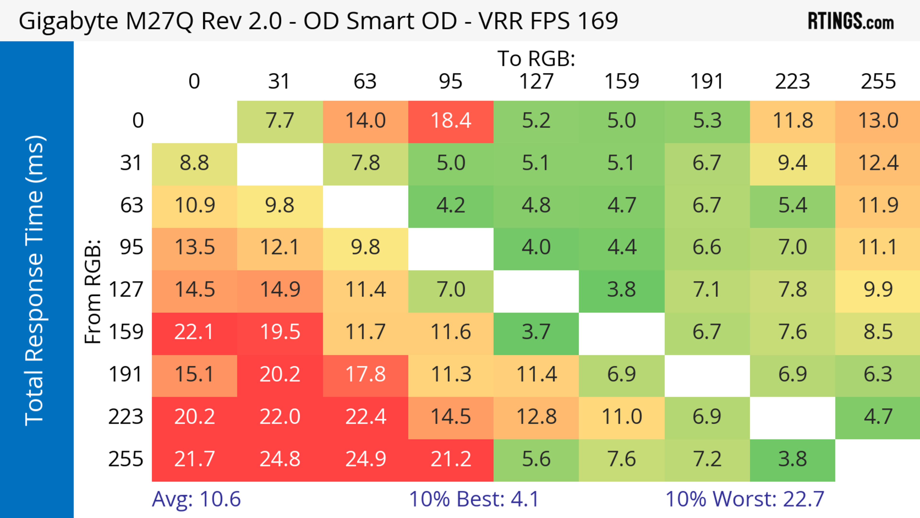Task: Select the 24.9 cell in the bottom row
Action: pyautogui.click(x=365, y=460)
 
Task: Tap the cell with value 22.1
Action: pyautogui.click(x=194, y=332)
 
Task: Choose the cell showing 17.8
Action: pyautogui.click(x=365, y=375)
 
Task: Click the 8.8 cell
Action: pyautogui.click(x=194, y=163)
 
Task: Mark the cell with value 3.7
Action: pyautogui.click(x=536, y=332)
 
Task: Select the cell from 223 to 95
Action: pyautogui.click(x=451, y=417)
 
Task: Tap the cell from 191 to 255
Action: pyautogui.click(x=878, y=375)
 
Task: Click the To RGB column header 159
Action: pyautogui.click(x=621, y=81)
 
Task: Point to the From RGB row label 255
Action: pyautogui.click(x=126, y=460)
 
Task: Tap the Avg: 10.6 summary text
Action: pyautogui.click(x=196, y=499)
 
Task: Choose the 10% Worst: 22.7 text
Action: pyautogui.click(x=745, y=499)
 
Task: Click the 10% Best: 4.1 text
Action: pyautogui.click(x=474, y=499)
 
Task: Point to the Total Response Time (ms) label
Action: pyautogui.click(x=35, y=280)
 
